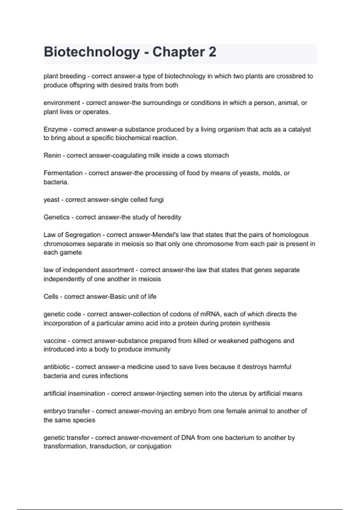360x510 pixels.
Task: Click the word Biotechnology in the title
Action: click(92, 52)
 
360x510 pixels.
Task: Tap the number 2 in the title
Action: click(212, 52)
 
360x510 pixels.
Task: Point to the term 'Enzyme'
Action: click(55, 129)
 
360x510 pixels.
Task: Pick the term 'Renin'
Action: click(52, 155)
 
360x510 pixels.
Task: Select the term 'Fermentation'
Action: click(63, 173)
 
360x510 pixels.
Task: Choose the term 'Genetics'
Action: click(56, 217)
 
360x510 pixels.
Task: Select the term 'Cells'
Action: click(51, 297)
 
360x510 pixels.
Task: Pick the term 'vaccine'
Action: click(55, 341)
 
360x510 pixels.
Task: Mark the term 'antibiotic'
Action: click(57, 367)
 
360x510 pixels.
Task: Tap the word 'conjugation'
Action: click(154, 446)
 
